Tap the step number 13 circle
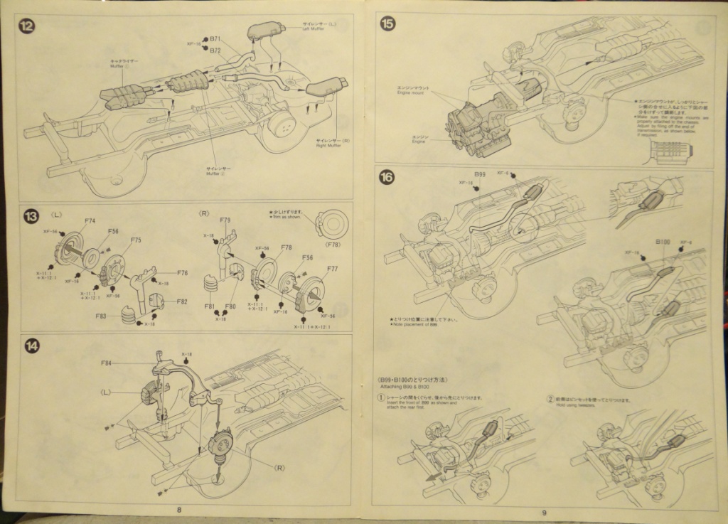click(x=31, y=215)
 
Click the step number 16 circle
click(x=387, y=178)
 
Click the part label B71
click(x=216, y=38)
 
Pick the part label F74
click(x=90, y=221)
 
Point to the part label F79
click(x=225, y=220)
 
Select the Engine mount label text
click(x=412, y=92)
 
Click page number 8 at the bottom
click(x=178, y=509)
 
